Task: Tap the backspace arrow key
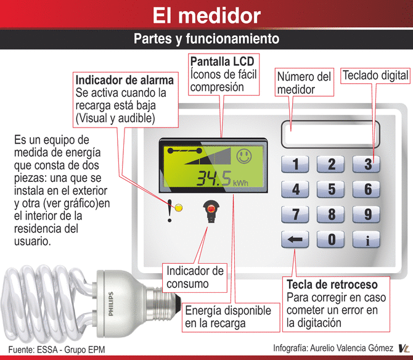pos(295,239)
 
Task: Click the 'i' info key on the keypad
pos(366,239)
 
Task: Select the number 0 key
pos(331,239)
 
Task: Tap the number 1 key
pos(295,164)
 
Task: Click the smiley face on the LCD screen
pos(244,156)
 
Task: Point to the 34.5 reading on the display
pos(214,178)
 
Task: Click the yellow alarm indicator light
pos(179,208)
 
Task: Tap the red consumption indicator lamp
pos(211,210)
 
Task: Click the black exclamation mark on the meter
pos(170,211)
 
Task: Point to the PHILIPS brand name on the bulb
pos(111,304)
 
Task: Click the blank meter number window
pos(330,134)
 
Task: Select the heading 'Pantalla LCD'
pos(223,62)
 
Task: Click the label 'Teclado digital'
pos(375,76)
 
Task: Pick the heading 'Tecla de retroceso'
pos(332,284)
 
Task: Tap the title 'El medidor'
pos(206,15)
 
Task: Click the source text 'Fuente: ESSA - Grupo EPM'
pos(57,350)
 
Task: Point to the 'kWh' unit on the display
pos(240,182)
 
